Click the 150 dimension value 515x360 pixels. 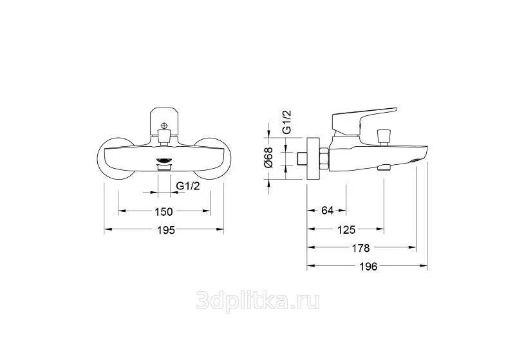click(164, 212)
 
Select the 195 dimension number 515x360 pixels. click(165, 231)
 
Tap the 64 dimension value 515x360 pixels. click(328, 211)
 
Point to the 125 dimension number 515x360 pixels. click(346, 230)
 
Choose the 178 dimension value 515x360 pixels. click(360, 248)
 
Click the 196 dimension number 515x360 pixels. click(368, 267)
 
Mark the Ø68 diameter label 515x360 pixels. click(268, 158)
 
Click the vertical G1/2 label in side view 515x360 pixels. click(286, 122)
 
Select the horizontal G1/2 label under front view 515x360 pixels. click(188, 185)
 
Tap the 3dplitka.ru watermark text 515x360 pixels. click(257, 301)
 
